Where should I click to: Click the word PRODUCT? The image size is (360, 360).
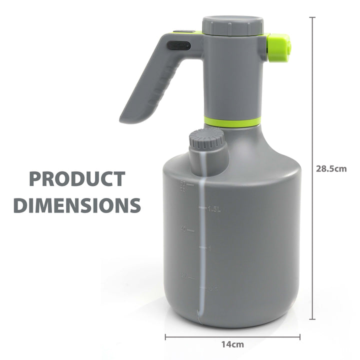77,179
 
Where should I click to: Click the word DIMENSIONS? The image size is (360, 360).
77,205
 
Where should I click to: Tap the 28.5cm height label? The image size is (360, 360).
331,168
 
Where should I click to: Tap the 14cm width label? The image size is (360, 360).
233,344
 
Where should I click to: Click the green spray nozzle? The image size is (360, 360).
278,47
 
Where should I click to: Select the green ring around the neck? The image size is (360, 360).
232,122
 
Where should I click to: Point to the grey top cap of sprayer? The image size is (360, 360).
233,25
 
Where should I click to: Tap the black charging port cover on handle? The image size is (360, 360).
178,45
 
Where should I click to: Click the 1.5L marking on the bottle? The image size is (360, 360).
214,209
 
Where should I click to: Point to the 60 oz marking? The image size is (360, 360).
183,185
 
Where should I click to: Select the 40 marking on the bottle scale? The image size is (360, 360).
183,229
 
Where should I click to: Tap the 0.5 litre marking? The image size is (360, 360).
214,288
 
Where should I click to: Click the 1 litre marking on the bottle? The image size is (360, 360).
209,248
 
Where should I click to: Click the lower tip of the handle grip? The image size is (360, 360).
126,119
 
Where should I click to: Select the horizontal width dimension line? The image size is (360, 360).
232,336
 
